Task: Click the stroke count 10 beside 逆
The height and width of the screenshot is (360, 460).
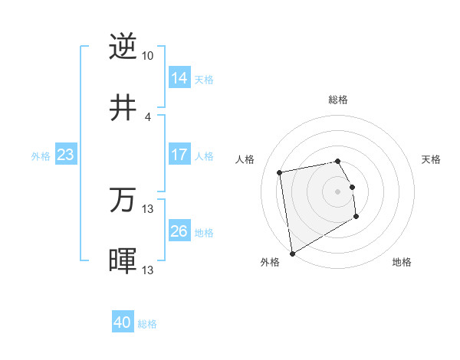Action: (147, 56)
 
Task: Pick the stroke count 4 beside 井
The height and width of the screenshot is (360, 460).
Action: (147, 116)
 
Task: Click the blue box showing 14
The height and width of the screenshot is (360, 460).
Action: (179, 78)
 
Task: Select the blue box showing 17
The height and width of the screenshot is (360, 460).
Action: (179, 155)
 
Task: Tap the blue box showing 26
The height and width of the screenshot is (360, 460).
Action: (179, 231)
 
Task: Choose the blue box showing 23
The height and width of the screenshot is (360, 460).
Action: (66, 155)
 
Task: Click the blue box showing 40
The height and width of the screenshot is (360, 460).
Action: (123, 323)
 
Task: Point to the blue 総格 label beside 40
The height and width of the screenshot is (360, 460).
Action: (147, 324)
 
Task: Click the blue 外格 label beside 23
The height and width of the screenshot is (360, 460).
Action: (41, 155)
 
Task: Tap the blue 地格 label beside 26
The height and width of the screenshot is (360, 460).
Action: (204, 232)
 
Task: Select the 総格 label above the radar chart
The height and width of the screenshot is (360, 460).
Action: (338, 100)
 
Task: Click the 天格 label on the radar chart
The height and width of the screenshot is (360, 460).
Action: (431, 159)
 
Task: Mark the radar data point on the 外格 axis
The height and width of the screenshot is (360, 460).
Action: (292, 253)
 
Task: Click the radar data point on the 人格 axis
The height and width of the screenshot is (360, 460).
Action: (280, 172)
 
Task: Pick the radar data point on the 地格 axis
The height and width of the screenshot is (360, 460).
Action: (356, 217)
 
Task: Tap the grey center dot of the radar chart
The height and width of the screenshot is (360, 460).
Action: (338, 191)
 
